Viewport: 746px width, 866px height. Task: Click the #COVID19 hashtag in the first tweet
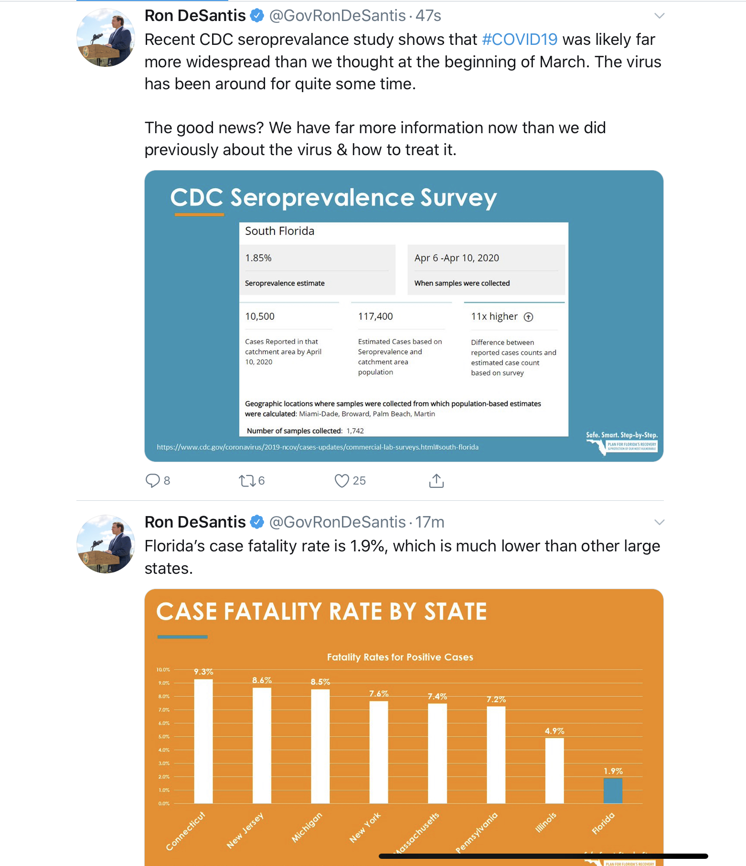pos(519,40)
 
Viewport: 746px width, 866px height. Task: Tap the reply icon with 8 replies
pos(152,480)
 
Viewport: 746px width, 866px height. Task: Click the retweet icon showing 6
pos(247,480)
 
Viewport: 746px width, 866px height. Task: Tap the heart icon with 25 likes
pos(341,480)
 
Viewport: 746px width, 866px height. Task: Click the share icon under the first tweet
pos(436,481)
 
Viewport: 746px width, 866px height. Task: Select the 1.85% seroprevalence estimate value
pos(258,258)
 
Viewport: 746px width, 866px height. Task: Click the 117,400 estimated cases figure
pos(375,317)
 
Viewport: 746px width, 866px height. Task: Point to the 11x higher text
pos(494,317)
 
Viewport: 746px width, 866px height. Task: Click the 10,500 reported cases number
pos(260,317)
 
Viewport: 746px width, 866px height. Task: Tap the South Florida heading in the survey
pos(280,232)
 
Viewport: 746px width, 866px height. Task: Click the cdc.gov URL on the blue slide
pos(318,447)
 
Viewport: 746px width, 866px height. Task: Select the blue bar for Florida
pos(613,791)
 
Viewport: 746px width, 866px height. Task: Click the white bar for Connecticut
pos(203,741)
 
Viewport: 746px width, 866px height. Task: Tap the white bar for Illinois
pos(554,771)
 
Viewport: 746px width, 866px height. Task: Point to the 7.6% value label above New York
pos(379,693)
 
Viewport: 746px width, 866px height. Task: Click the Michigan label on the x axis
pos(307,827)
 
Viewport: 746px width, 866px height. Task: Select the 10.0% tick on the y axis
pos(163,670)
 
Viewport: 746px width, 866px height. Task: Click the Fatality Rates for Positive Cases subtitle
pos(400,657)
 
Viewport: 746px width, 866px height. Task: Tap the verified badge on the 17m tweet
pos(257,522)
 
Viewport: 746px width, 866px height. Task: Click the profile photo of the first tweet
pos(106,37)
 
